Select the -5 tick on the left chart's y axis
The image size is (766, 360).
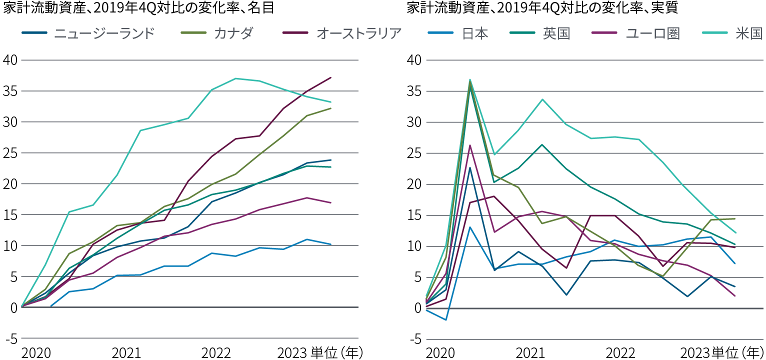(11, 339)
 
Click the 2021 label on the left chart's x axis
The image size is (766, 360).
(126, 352)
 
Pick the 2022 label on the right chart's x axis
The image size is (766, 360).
(620, 352)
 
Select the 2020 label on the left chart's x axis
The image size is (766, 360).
(36, 352)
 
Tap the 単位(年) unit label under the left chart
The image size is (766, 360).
(334, 352)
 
